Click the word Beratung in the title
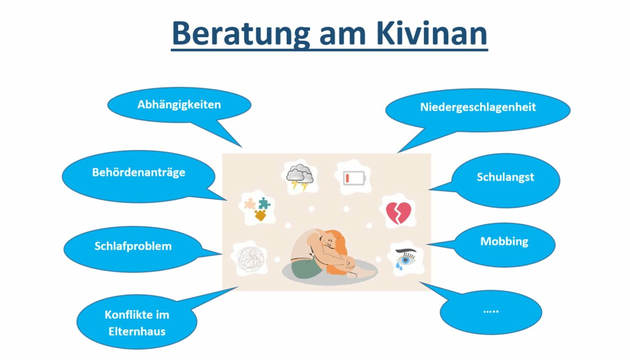241,34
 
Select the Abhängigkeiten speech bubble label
179,104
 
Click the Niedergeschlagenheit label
478,107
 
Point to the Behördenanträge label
139,172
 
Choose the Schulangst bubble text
505,177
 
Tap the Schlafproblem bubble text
133,246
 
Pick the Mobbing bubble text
504,242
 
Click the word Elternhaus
137,331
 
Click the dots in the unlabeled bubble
491,311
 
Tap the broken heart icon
399,213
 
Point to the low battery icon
354,178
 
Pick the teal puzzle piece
265,203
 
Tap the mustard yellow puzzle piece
261,215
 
